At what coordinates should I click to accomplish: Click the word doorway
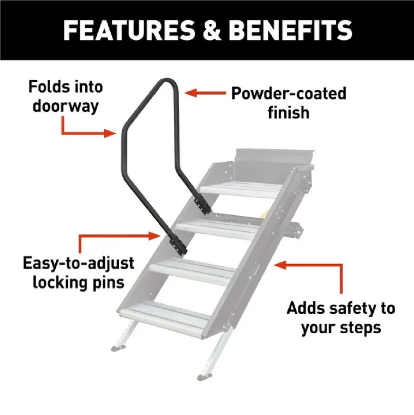pyautogui.click(x=66, y=106)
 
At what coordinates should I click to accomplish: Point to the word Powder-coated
pyautogui.click(x=289, y=93)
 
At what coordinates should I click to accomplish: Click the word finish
pyautogui.click(x=289, y=112)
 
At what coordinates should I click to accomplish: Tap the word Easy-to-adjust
pyautogui.click(x=78, y=263)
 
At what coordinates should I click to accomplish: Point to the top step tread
pyautogui.click(x=237, y=189)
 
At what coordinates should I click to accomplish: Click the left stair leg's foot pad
pyautogui.click(x=118, y=347)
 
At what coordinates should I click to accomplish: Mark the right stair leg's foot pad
pyautogui.click(x=204, y=376)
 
